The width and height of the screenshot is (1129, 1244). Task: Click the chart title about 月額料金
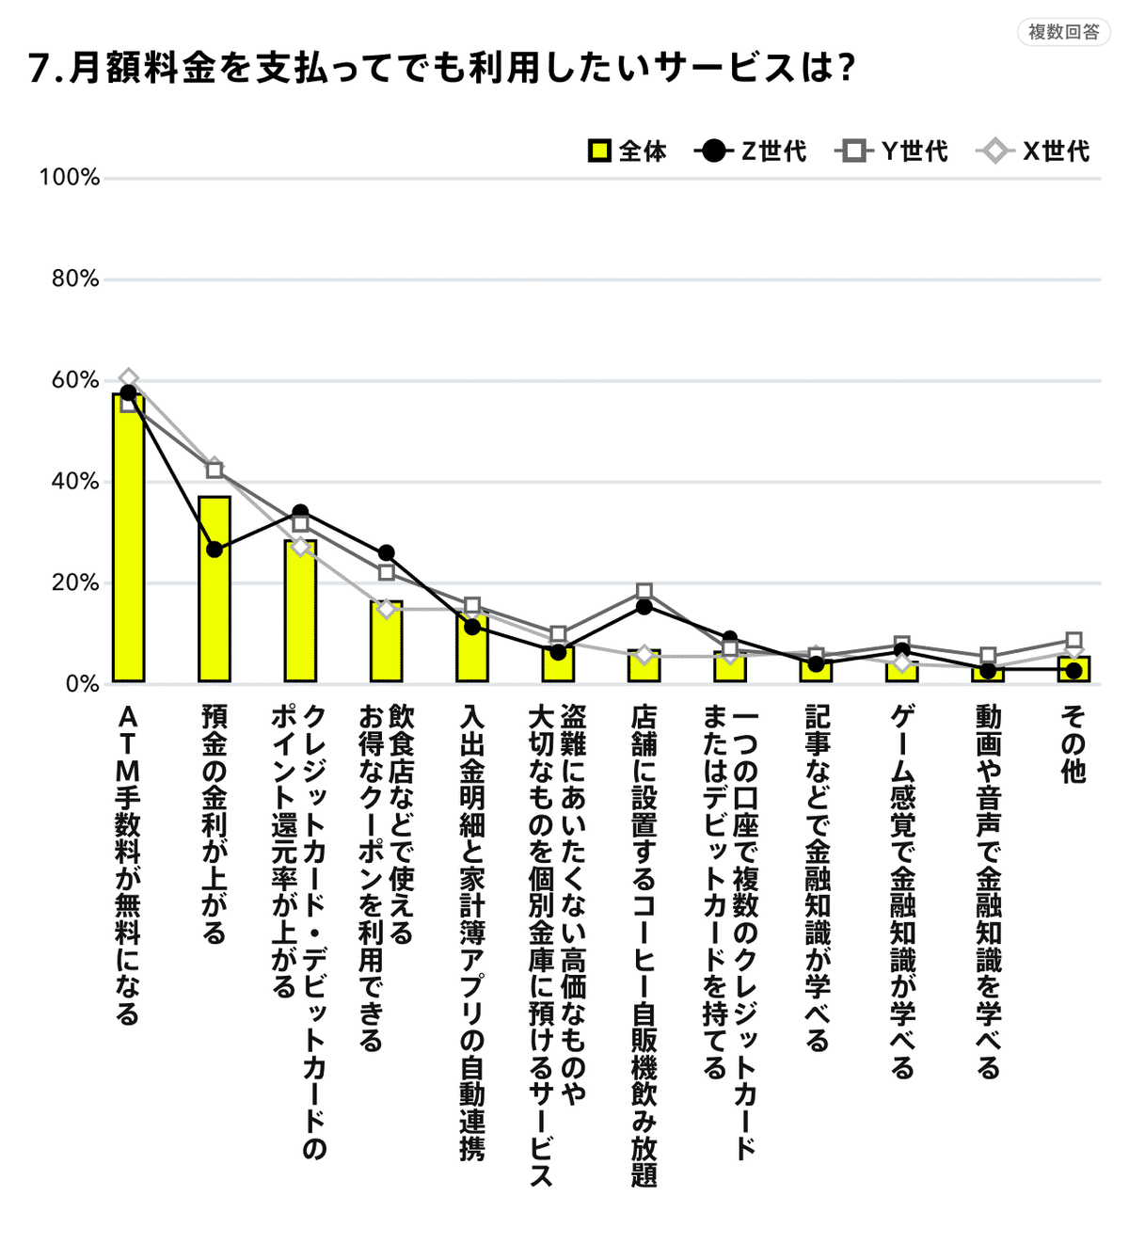[442, 69]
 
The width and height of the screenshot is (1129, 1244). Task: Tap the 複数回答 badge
[1063, 32]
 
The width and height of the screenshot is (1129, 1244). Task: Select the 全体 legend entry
[628, 151]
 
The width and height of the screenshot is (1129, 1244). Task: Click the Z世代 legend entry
[751, 151]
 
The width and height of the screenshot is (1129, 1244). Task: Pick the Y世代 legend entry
[892, 151]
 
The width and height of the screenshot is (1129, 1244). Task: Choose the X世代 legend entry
[1034, 151]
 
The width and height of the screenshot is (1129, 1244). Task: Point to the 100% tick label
[69, 177]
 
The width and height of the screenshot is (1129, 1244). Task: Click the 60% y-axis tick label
[74, 380]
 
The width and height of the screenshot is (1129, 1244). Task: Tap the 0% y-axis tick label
[82, 684]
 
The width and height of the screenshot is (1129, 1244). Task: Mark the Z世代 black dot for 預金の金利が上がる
[215, 550]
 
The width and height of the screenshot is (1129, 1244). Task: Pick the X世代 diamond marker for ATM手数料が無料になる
[129, 378]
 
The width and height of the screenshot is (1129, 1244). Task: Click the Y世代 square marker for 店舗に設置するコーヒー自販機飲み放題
[644, 592]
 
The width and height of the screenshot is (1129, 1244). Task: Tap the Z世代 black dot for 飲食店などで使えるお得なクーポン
[386, 552]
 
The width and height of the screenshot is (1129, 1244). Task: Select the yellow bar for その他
[1073, 669]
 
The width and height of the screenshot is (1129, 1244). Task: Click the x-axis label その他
[1073, 744]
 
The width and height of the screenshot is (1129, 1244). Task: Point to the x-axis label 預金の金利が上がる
[215, 824]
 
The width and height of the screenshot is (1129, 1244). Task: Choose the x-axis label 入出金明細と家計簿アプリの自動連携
[472, 933]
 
